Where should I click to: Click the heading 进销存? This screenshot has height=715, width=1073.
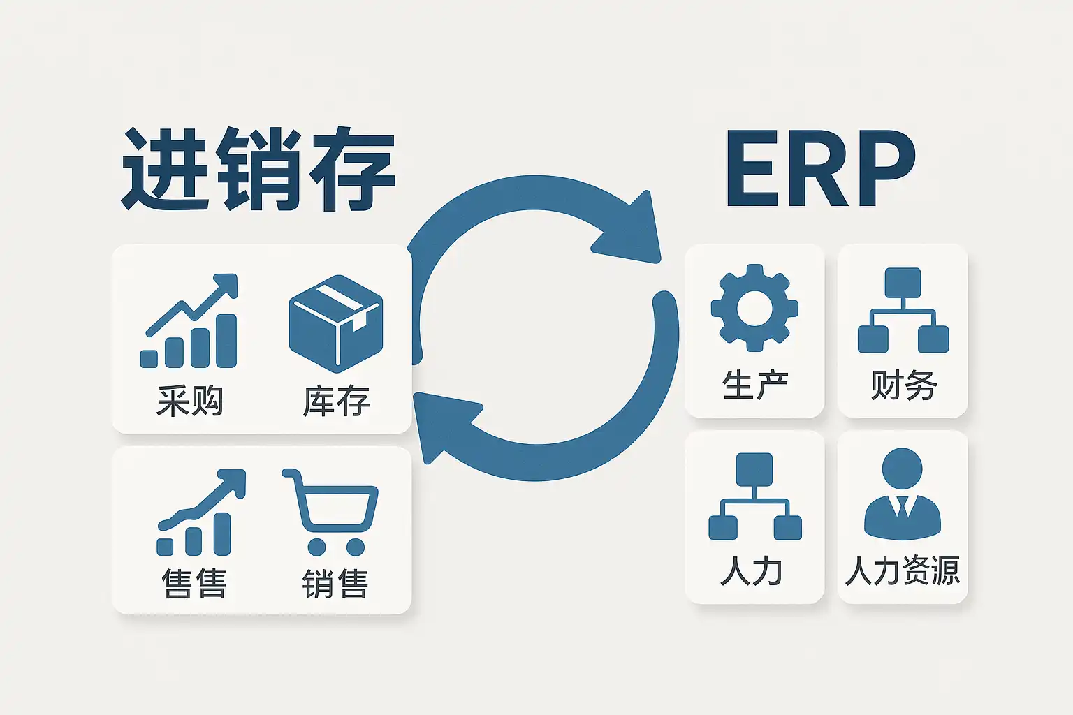(258, 169)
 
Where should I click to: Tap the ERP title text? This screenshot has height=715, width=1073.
(820, 169)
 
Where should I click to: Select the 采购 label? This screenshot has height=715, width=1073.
(189, 401)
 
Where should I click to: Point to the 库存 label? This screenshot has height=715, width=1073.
(336, 401)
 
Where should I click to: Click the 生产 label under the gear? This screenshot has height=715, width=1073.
(754, 385)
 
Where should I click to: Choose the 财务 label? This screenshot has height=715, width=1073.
(903, 385)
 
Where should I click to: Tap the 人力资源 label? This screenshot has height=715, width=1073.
(902, 571)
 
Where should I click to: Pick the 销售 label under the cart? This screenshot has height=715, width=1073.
(335, 584)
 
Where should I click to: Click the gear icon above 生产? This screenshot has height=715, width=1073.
(754, 307)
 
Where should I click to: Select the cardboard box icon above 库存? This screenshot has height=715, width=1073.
(336, 323)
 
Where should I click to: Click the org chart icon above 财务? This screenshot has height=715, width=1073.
(903, 310)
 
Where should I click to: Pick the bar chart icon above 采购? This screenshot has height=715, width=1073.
(190, 321)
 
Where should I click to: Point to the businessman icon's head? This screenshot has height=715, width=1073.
(902, 469)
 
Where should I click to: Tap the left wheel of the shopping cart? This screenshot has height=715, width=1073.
(316, 546)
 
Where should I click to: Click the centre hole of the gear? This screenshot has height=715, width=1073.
(754, 307)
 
